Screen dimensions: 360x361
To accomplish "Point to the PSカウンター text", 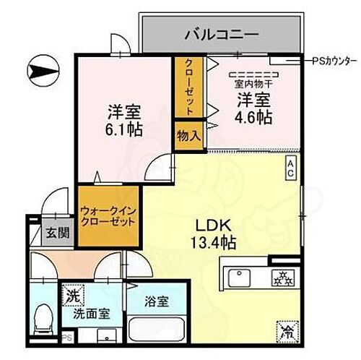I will tap(335, 61).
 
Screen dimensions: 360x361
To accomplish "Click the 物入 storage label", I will tap(188, 135).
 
